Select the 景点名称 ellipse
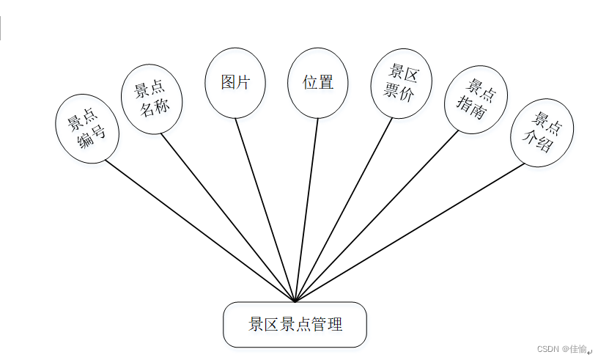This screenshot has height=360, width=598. pos(151,99)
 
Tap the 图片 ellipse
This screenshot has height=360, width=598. pos(235,82)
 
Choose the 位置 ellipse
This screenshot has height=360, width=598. pos(318,82)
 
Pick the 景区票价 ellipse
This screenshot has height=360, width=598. pos(401,82)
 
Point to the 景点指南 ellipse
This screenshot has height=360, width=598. pos(476,100)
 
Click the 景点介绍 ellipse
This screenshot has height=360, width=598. pos(542,133)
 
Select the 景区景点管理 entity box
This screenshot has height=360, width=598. pos(295,324)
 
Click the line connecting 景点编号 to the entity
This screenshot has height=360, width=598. pos(198,230)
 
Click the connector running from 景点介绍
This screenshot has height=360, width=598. pos(410,232)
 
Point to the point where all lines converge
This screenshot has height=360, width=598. pos(295,301)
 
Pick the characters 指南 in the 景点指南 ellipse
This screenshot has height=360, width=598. pos(470,109)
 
